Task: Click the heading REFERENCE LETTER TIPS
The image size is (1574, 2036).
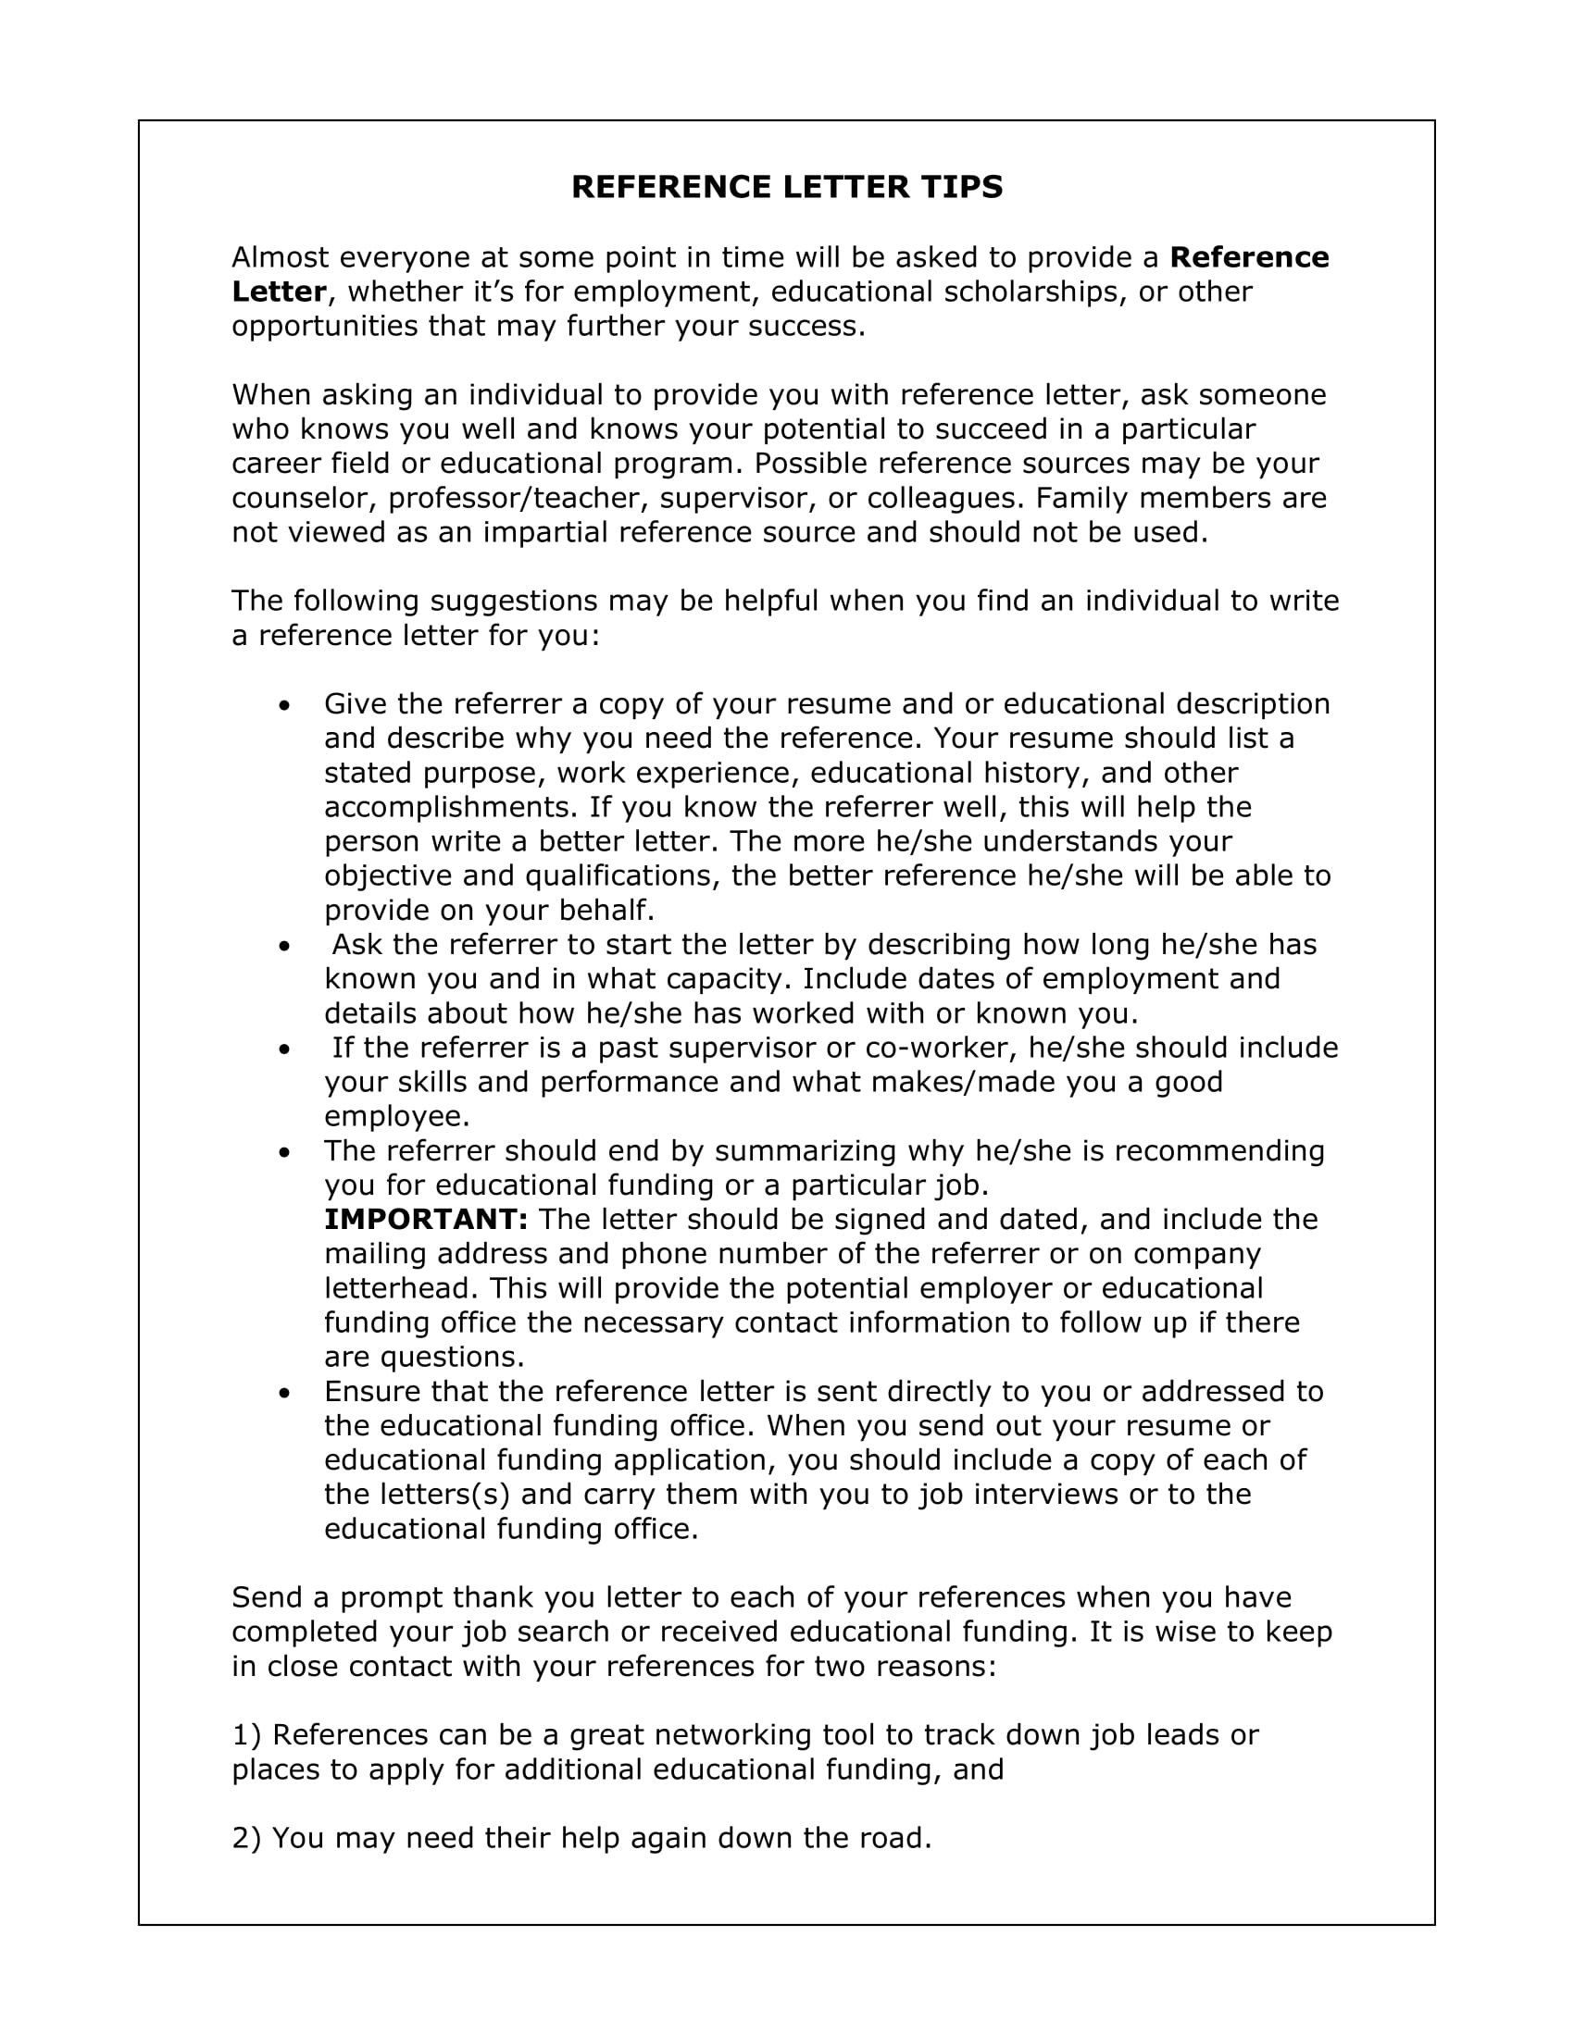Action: click(x=786, y=187)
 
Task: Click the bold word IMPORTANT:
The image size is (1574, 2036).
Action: click(x=426, y=1220)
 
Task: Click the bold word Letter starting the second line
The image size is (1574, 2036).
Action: click(x=278, y=292)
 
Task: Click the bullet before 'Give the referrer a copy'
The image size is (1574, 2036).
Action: click(x=284, y=705)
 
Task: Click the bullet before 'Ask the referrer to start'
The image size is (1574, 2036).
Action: click(x=284, y=945)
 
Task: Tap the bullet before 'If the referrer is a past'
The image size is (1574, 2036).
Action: click(x=284, y=1049)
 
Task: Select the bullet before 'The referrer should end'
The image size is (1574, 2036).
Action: click(x=284, y=1152)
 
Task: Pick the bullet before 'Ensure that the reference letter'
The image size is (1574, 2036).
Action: click(x=284, y=1393)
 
